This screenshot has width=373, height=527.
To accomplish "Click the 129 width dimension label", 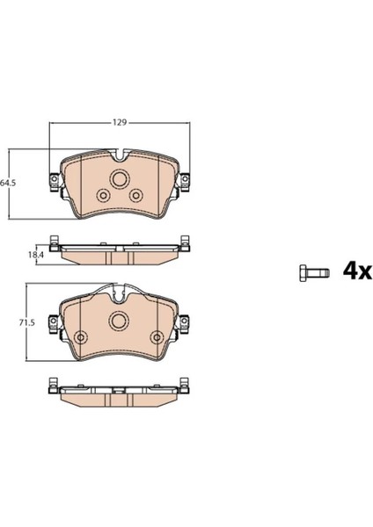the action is tap(119, 123).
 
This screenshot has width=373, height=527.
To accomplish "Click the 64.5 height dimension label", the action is tap(8, 184).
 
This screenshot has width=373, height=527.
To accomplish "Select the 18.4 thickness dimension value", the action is tap(36, 255).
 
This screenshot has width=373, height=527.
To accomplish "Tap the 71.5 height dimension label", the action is tap(27, 323).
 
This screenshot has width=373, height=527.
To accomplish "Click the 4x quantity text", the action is tap(357, 271).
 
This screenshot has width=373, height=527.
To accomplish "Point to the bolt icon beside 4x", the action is tap(314, 272).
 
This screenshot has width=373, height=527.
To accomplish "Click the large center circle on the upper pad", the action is tap(119, 179).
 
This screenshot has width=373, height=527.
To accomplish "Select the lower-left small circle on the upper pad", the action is tap(103, 195).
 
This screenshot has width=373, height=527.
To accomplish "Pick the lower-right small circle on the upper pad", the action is tap(136, 195).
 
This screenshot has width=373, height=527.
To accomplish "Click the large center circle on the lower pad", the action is tap(119, 321).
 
